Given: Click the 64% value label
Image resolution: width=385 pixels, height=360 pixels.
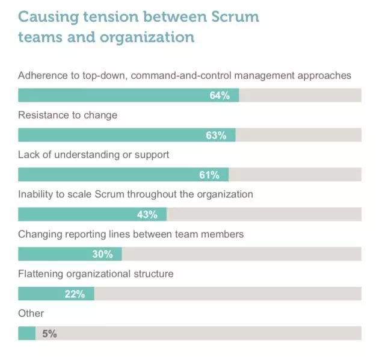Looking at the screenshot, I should tap(220, 96).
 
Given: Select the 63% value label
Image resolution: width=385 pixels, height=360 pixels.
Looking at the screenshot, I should tap(216, 135).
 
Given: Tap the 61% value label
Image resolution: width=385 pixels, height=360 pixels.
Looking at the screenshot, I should tap(209, 175).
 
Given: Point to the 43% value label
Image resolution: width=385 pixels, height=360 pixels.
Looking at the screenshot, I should tap(147, 215).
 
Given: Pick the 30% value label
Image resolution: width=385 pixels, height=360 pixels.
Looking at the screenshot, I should tap(102, 254).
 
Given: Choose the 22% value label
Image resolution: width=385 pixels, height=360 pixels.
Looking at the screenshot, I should tap(75, 294).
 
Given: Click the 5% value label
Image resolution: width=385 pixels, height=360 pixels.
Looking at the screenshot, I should tap(49, 334).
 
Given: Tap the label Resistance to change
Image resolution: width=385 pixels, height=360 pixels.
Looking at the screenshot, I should tap(67, 115).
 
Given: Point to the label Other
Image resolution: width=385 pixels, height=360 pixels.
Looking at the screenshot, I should tap(31, 313).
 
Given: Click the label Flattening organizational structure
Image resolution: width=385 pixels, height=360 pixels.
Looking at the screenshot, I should tap(96, 274).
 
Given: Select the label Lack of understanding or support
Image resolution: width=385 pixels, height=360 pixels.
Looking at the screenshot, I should tap(93, 155).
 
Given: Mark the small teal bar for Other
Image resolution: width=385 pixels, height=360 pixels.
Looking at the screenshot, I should tap(27, 334).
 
